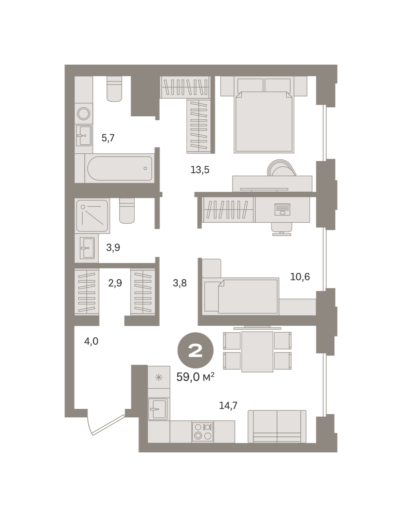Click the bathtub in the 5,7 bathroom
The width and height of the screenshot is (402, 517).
[x=120, y=168]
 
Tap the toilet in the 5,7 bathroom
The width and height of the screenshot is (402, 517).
[x=114, y=89]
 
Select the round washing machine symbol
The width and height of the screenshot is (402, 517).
[x=83, y=113]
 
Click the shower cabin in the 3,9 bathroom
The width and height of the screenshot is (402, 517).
[x=92, y=215]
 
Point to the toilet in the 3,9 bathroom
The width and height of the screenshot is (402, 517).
[x=127, y=211]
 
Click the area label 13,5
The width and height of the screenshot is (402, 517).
[x=200, y=170]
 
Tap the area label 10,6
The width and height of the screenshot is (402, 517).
[x=300, y=277]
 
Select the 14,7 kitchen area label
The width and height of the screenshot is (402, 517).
[x=228, y=405]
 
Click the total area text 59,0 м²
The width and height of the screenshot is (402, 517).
[x=195, y=377]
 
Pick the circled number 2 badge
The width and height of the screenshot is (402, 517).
[x=195, y=350]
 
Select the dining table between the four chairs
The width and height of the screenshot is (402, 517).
[x=257, y=352]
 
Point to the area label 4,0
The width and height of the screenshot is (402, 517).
[x=91, y=341]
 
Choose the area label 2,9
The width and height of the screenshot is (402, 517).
[x=115, y=283]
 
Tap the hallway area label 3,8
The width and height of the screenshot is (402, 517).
[x=179, y=283]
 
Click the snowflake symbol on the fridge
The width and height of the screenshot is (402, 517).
[x=158, y=377]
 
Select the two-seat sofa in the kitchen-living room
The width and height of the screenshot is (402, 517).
[x=277, y=427]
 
